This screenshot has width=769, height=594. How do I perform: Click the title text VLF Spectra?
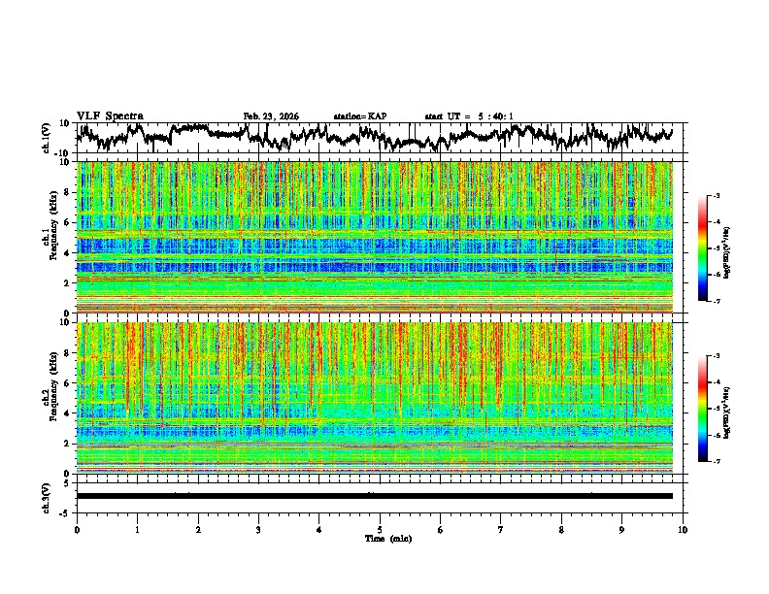[110, 115]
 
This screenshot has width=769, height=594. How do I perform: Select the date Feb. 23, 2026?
[271, 116]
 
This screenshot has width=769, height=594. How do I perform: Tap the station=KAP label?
[360, 116]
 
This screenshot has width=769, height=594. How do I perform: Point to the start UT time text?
[469, 116]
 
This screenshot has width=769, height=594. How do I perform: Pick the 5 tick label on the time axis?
[380, 530]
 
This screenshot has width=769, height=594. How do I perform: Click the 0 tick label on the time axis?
[77, 530]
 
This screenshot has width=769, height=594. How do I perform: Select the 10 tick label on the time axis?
[683, 530]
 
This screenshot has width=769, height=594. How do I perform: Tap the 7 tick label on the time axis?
[501, 530]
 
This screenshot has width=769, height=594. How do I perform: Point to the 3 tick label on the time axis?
[258, 530]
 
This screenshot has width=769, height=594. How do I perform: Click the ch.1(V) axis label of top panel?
[47, 138]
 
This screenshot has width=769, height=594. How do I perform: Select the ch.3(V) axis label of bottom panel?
[47, 496]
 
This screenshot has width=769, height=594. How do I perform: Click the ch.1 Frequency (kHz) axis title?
[49, 237]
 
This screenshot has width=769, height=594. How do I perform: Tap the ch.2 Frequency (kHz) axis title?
[49, 397]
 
